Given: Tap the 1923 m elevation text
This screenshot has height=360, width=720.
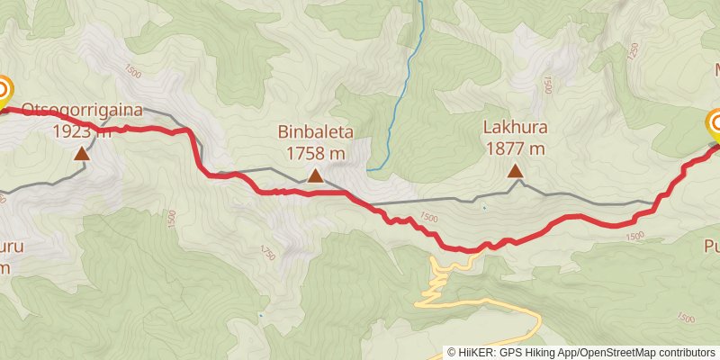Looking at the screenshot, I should [x=81, y=131].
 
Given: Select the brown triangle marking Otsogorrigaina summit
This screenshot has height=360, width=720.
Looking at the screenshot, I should [x=82, y=154].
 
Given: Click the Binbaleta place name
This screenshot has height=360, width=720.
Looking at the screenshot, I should [x=315, y=133].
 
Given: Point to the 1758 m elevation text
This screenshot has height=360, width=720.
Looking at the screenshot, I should [x=315, y=153].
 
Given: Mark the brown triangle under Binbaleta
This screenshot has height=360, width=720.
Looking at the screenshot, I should [x=315, y=175].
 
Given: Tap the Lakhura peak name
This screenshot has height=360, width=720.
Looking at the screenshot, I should [x=514, y=128].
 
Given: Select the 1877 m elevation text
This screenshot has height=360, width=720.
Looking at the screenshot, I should [x=514, y=148].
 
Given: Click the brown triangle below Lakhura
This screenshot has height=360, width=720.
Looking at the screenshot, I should [x=514, y=171].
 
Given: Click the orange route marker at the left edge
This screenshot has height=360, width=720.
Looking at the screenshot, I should [x=3, y=91].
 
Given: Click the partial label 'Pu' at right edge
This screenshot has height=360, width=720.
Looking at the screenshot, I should [x=710, y=246].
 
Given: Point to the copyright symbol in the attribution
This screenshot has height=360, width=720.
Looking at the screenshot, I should [x=452, y=353].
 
